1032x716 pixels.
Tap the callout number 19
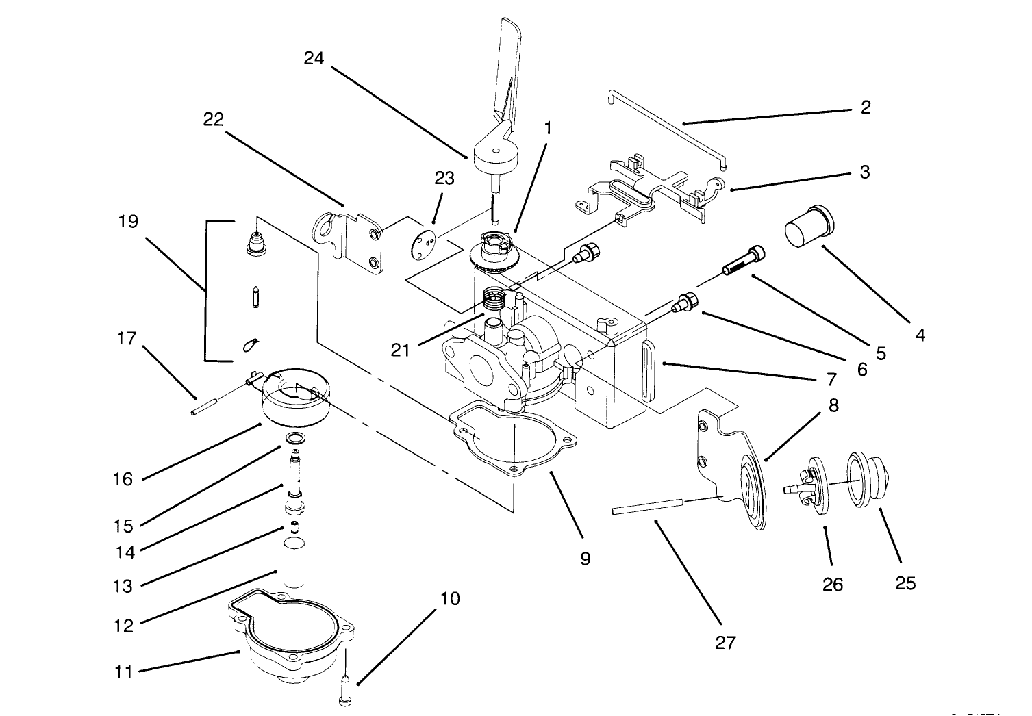(x=128, y=222)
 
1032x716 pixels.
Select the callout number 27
(x=725, y=642)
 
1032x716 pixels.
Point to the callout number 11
(x=123, y=672)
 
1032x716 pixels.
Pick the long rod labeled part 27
(x=647, y=507)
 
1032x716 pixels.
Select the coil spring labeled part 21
(x=495, y=298)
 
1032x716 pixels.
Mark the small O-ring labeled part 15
(x=295, y=438)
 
